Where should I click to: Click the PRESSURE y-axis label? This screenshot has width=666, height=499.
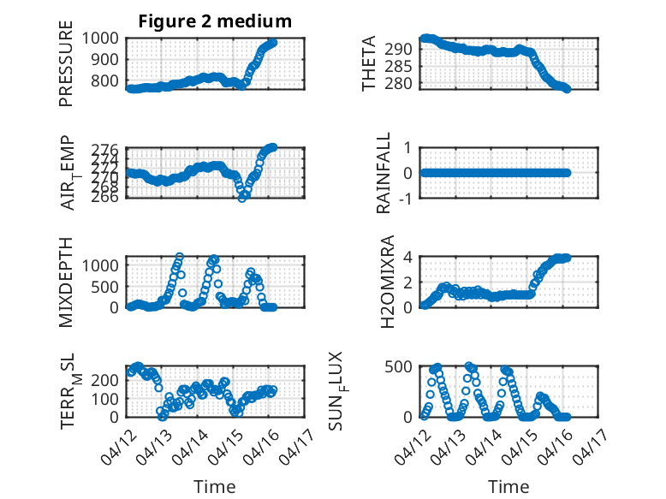(x=66, y=69)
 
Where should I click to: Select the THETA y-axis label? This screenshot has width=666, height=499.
(x=369, y=63)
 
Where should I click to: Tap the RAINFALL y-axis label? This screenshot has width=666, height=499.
(x=385, y=173)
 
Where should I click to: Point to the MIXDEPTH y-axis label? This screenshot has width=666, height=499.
(x=66, y=282)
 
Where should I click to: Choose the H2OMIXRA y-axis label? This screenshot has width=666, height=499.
(x=385, y=282)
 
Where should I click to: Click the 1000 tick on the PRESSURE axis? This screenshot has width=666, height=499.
(x=104, y=38)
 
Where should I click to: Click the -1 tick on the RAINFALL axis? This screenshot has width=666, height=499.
(x=407, y=198)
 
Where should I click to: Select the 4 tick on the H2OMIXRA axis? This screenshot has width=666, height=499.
(x=408, y=257)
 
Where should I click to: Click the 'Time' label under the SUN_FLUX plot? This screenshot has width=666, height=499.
(x=508, y=486)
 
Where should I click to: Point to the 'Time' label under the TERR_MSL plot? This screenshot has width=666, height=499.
(x=215, y=486)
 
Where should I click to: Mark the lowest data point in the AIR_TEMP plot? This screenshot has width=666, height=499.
(x=242, y=197)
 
